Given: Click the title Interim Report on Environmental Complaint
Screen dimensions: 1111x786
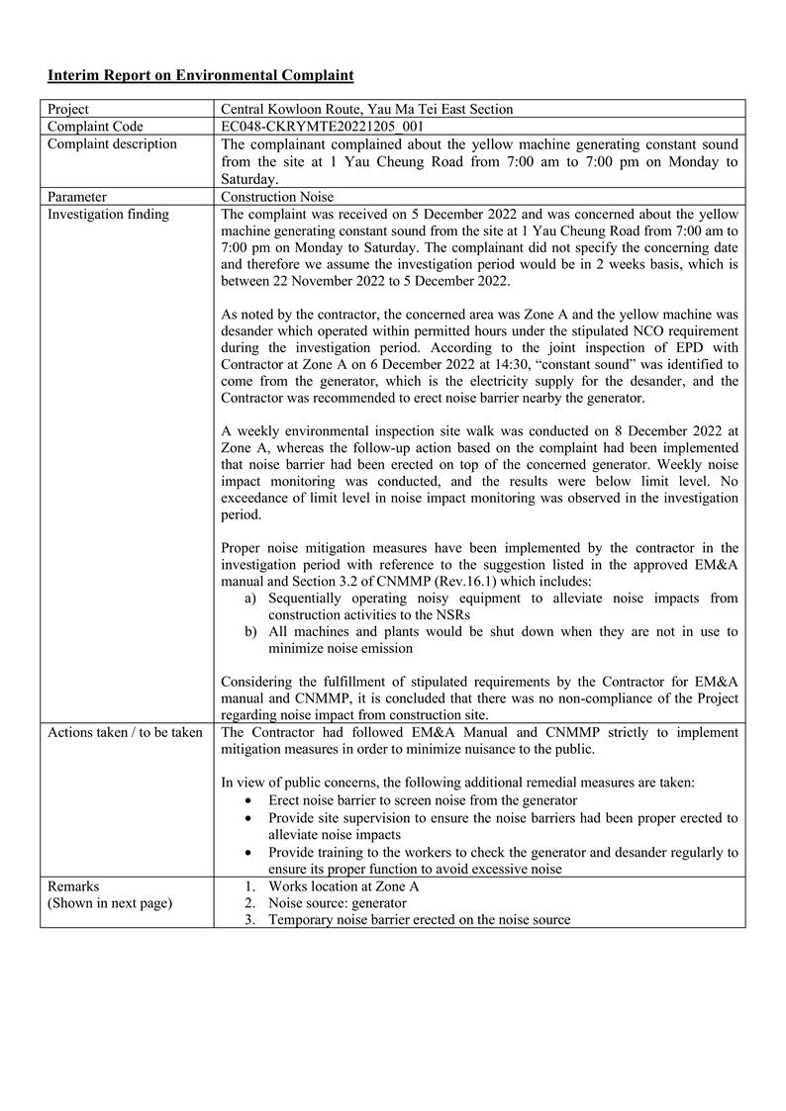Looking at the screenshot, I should (200, 75).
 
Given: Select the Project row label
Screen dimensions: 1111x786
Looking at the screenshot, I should (68, 109).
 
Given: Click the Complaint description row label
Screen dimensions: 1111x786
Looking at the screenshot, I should (113, 144).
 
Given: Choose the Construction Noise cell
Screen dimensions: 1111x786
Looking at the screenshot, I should (277, 197).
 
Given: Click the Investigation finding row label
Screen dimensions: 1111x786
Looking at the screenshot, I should (109, 214).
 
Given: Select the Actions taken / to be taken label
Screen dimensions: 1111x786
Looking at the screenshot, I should (125, 732).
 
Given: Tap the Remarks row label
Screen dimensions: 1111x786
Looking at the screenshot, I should (73, 886).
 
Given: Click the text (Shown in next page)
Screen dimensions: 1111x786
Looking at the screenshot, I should (109, 903).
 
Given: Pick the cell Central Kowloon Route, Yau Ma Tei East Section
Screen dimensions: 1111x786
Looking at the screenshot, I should (367, 109).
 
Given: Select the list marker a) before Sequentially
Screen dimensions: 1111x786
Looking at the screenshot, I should (251, 599).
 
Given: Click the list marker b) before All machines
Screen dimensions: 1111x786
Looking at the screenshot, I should (251, 632).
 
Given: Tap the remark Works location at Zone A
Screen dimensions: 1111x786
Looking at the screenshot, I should (344, 886).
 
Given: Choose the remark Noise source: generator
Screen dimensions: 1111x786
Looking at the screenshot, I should (337, 903).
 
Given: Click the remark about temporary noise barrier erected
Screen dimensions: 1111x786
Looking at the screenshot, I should (419, 920).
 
